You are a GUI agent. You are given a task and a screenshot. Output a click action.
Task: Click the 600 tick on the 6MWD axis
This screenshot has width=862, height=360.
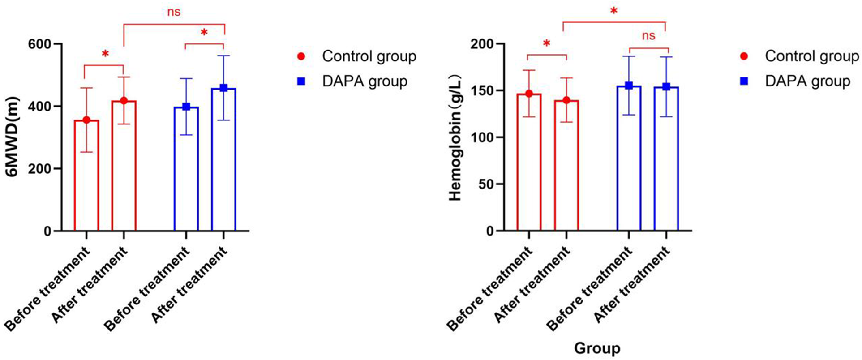40,44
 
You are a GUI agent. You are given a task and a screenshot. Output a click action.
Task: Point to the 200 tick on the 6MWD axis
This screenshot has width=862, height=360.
40,169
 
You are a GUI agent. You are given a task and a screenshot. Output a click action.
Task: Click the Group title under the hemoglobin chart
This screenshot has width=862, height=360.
597,348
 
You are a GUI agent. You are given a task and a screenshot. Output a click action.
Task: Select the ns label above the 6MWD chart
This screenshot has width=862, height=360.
174,12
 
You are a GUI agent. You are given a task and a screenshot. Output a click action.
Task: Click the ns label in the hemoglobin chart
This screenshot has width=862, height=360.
648,36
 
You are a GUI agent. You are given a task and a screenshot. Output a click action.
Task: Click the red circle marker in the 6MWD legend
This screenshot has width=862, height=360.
301,56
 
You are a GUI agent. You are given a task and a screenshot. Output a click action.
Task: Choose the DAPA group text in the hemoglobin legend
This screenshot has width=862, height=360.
807,81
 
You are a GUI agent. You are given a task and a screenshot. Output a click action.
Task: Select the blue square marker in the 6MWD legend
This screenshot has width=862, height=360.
301,81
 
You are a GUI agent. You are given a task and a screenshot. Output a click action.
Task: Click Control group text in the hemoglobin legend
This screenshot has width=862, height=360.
812,56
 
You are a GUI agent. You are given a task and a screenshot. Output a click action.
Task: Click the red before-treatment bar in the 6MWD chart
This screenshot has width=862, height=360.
86,179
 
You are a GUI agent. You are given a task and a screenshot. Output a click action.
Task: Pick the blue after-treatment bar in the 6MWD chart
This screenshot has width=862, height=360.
223,161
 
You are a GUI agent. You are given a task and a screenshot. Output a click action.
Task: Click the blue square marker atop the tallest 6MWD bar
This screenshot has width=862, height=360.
223,88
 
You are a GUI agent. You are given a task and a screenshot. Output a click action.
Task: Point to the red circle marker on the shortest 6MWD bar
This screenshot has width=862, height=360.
86,120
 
